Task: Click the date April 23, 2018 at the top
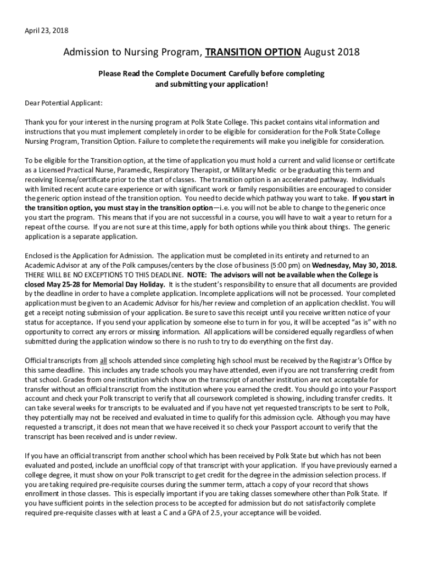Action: [47, 30]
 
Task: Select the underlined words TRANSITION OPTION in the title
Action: [253, 53]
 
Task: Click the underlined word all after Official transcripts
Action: [103, 361]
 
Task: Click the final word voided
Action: [310, 513]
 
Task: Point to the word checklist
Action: [352, 303]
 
